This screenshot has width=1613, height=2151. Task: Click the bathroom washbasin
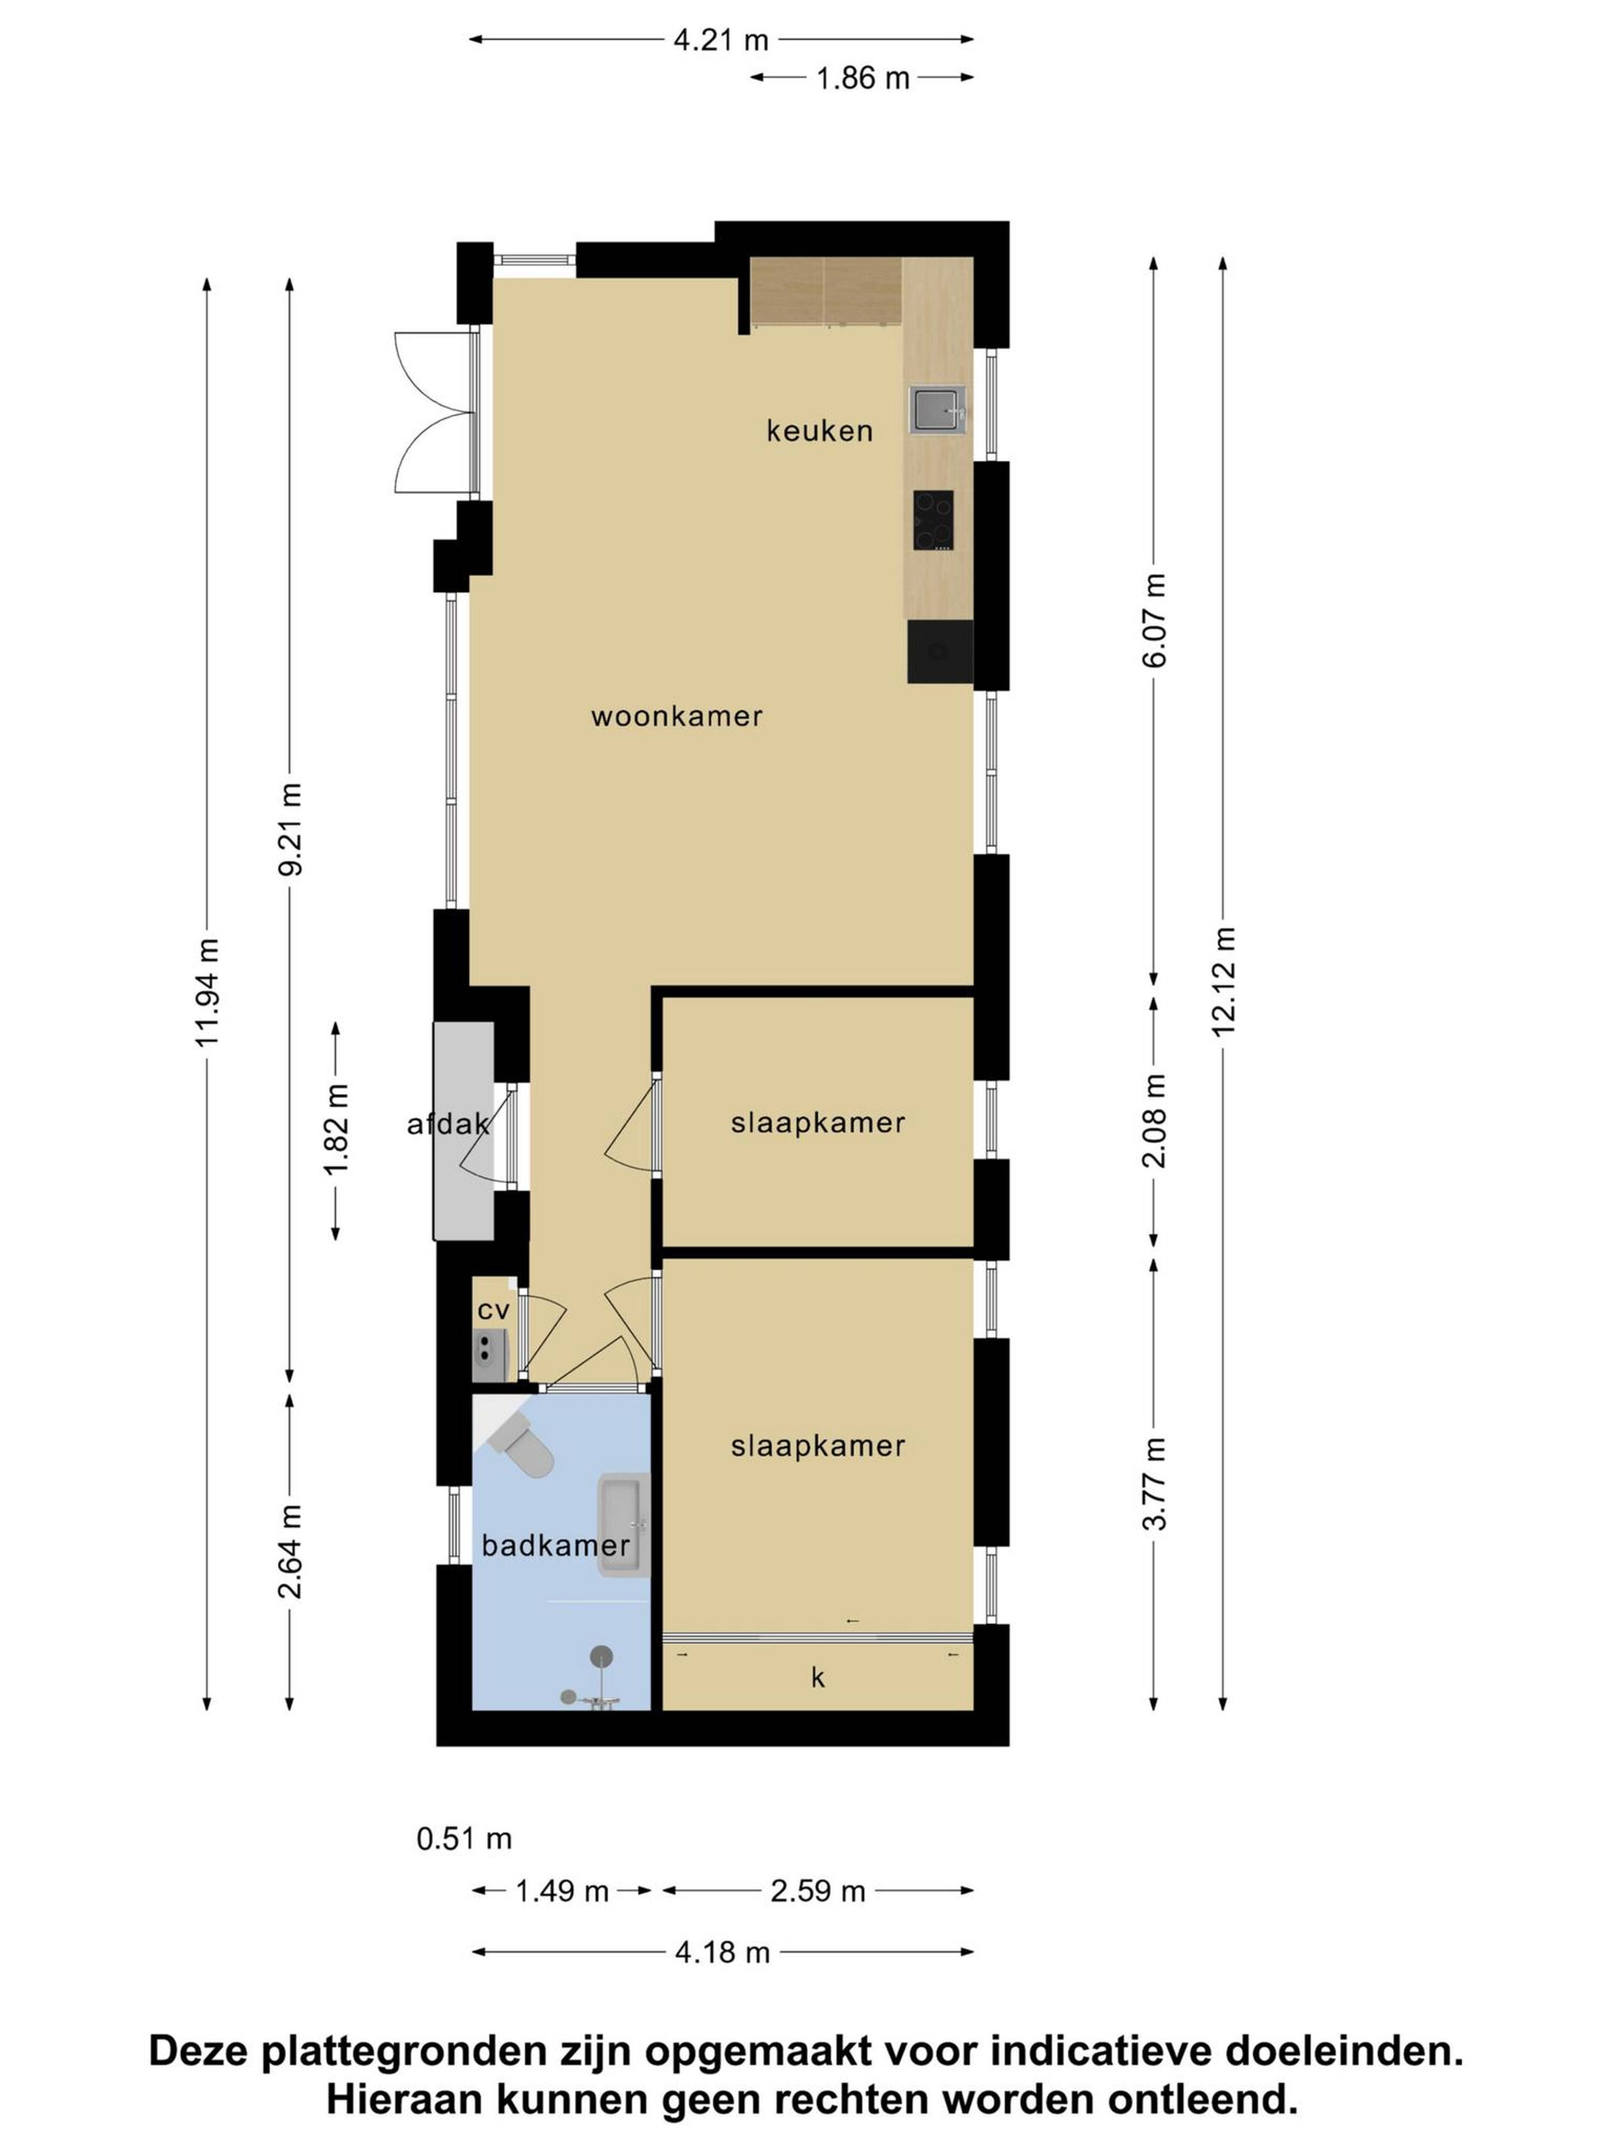pyautogui.click(x=623, y=1525)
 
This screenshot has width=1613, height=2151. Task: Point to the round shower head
pyautogui.click(x=602, y=1656)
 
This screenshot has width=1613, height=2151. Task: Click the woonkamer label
pyautogui.click(x=677, y=717)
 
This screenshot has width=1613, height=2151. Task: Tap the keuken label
pyautogui.click(x=820, y=431)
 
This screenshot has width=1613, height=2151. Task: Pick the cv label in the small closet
pyautogui.click(x=493, y=1310)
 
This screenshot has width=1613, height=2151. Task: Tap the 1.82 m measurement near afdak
pyautogui.click(x=336, y=1130)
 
